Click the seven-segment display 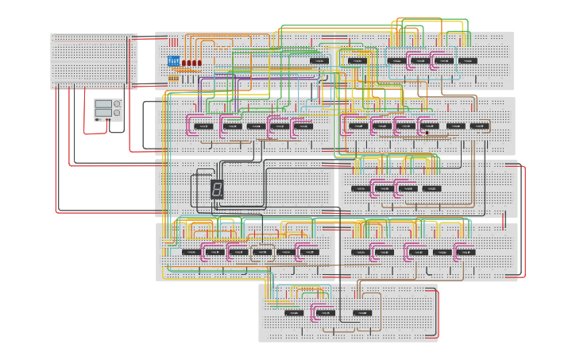217,189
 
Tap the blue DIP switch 173,61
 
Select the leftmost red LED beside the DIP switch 184,63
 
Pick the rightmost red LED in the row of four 199,63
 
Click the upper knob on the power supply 117,104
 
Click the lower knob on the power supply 117,113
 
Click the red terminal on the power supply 106,119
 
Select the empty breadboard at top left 94,60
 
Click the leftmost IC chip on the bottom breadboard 293,312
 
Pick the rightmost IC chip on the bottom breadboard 362,312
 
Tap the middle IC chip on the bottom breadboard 324,312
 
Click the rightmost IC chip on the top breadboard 468,60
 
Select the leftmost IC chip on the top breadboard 319,60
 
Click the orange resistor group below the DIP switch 173,78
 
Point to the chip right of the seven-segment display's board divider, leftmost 360,188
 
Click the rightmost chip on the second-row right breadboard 479,125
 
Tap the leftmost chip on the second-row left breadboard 203,126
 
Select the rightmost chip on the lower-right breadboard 465,252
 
